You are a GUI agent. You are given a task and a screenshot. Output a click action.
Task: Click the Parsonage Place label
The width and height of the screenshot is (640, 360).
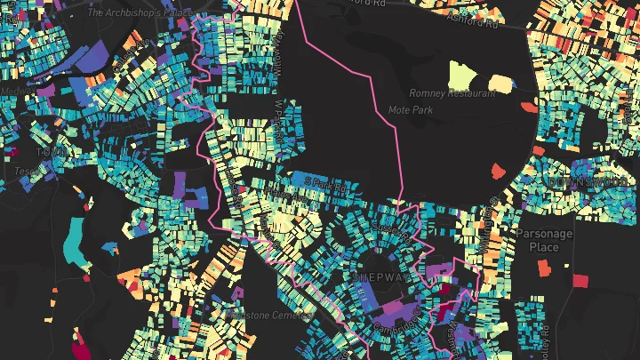[544, 240]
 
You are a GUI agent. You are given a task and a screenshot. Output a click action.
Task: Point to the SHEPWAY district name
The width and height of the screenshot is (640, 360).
[382, 277]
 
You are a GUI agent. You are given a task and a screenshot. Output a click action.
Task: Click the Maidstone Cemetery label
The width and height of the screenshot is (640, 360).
[267, 315]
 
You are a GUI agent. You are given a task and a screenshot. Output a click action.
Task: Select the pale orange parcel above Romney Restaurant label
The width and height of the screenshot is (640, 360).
[500, 84]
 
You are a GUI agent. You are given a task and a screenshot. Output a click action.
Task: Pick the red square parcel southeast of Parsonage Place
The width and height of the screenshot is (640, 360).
[580, 281]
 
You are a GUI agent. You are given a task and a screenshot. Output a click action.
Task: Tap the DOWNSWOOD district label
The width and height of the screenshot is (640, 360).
[582, 181]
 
